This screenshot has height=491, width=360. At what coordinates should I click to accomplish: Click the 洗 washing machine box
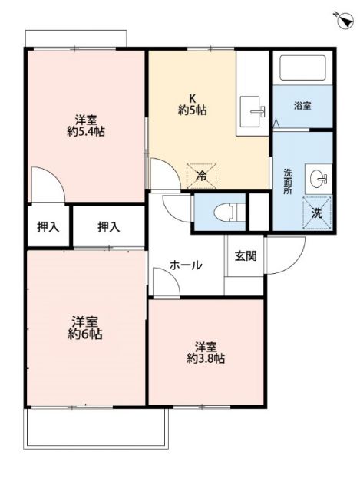pyautogui.click(x=316, y=212)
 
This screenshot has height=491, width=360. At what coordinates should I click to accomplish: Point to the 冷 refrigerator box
pyautogui.click(x=203, y=176)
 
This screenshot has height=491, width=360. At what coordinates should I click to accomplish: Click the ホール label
pyautogui.click(x=186, y=265)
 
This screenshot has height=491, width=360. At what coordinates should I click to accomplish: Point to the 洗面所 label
pyautogui.click(x=288, y=180)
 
